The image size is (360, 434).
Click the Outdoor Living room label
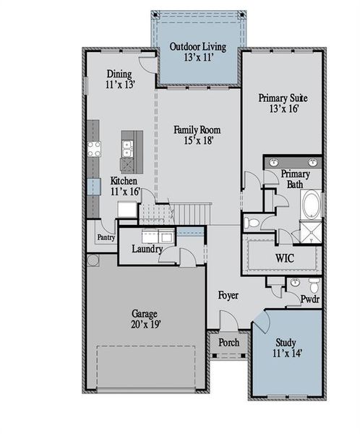point(197,52)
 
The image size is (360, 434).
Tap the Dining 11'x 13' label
point(119,79)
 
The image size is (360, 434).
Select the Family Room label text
point(197,135)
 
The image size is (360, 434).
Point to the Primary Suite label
point(278,102)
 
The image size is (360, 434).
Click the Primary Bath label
point(295,179)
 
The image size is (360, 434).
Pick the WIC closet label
point(284,258)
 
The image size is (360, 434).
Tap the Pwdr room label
point(310,298)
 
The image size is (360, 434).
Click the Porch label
point(228,342)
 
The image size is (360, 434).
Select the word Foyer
point(228,297)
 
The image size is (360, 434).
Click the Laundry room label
point(146,250)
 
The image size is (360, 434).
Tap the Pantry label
point(106,238)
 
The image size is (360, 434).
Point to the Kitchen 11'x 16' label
point(124,186)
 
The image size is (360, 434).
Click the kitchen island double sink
point(127,149)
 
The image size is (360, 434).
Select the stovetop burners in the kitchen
point(94,149)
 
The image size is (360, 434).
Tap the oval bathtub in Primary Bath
point(312,205)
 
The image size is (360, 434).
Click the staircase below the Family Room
point(192,214)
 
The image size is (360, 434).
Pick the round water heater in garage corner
point(93,260)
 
